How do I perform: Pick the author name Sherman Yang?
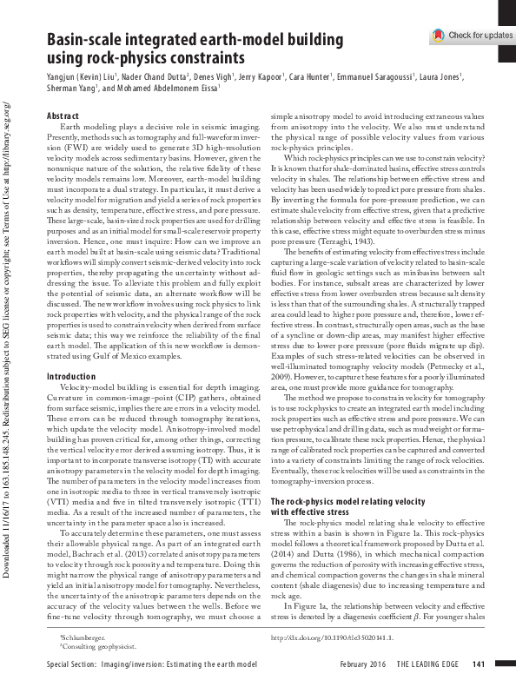pyautogui.click(x=74, y=88)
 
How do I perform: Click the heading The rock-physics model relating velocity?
pyautogui.click(x=348, y=502)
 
